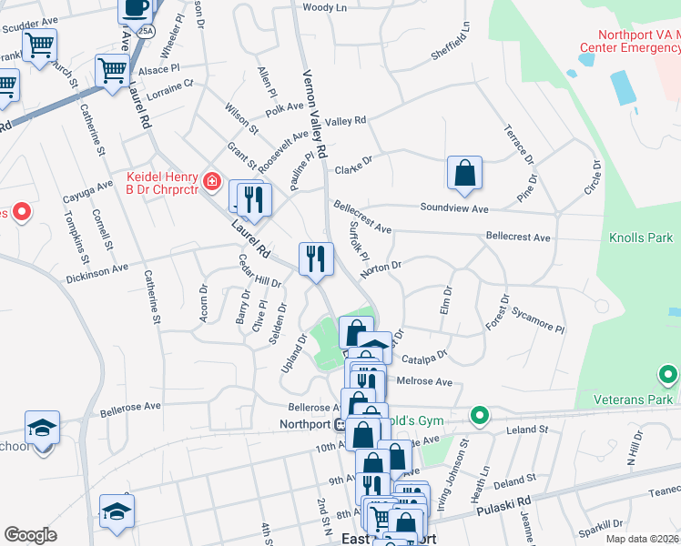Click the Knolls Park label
click(640, 238)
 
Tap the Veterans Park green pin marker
click(668, 374)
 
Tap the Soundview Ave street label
click(453, 208)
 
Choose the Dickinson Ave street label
click(97, 270)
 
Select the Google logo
click(30, 535)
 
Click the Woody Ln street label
click(325, 7)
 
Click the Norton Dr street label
click(381, 267)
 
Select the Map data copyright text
click(642, 539)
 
